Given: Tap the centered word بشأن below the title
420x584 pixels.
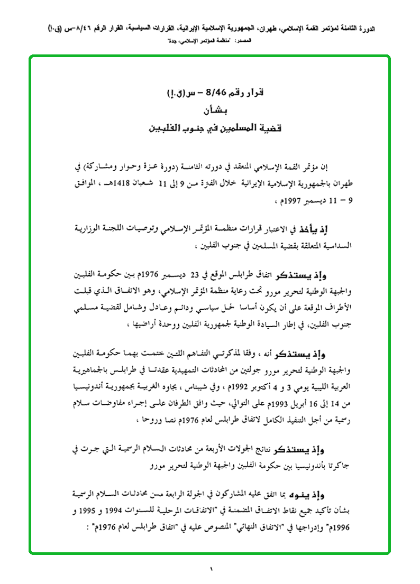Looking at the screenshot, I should [x=210, y=112].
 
